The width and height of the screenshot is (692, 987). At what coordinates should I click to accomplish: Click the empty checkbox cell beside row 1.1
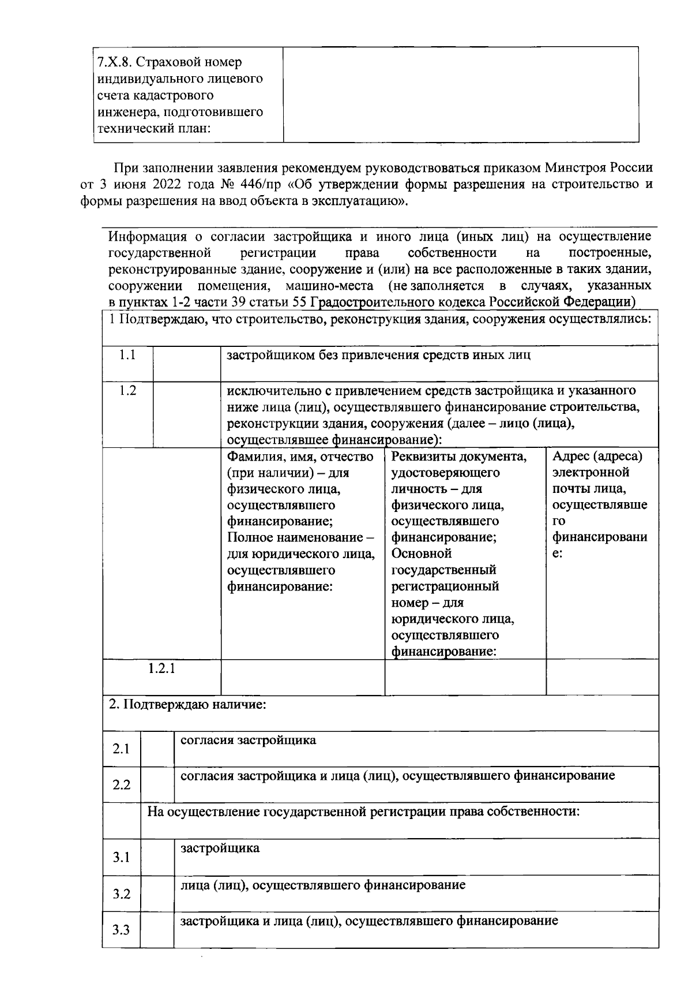point(186,363)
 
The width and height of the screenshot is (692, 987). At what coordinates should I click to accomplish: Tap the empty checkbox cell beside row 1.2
point(186,414)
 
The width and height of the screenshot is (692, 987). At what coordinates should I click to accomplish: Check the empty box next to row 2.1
point(157,749)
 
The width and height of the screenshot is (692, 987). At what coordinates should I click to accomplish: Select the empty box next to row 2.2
point(157,785)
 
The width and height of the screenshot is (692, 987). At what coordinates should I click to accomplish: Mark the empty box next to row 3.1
point(157,857)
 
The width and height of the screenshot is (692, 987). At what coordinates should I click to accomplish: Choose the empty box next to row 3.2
point(157,893)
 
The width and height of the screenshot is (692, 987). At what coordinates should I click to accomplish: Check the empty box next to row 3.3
point(157,930)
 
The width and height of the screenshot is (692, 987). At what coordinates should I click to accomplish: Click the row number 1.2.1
point(161,669)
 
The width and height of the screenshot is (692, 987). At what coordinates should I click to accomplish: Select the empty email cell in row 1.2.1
point(601,677)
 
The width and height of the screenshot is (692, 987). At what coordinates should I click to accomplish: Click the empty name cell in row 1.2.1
point(303,677)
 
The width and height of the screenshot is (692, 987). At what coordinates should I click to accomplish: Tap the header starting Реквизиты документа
point(460,457)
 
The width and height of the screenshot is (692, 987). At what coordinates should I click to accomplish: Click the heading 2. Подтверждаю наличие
point(187,705)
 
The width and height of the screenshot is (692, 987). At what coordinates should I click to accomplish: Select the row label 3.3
point(121,930)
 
